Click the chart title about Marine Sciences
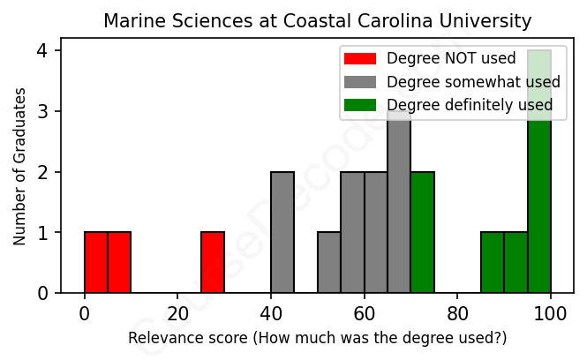pyautogui.click(x=318, y=20)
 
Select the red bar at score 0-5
pyautogui.click(x=96, y=262)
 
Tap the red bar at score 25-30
pyautogui.click(x=213, y=262)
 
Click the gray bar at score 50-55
pyautogui.click(x=329, y=262)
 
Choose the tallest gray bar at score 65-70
pyautogui.click(x=399, y=207)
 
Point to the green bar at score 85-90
pyautogui.click(x=493, y=262)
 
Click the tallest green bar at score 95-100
pyautogui.click(x=539, y=176)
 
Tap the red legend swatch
pyautogui.click(x=360, y=59)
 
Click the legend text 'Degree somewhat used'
pyautogui.click(x=473, y=82)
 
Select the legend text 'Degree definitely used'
pyautogui.click(x=470, y=105)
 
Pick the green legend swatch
pyautogui.click(x=360, y=105)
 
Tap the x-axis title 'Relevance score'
pyautogui.click(x=318, y=338)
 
